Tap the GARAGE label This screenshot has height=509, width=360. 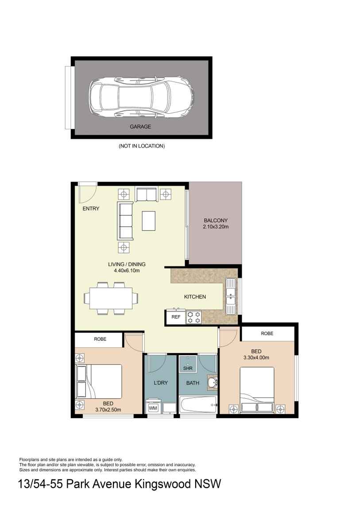(x=140, y=127)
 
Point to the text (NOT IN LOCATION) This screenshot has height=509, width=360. (x=142, y=146)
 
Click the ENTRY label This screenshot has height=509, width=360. (x=91, y=209)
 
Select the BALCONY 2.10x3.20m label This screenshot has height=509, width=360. (x=216, y=224)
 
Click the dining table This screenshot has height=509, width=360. (x=111, y=298)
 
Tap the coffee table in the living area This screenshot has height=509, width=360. (x=148, y=221)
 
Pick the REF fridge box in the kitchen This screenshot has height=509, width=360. (x=176, y=317)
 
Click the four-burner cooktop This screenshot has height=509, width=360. (x=194, y=317)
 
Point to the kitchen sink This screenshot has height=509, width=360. (x=231, y=296)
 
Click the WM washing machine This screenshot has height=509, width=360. (x=153, y=408)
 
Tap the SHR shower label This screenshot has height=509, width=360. (x=188, y=368)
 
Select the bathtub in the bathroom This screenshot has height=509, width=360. (x=198, y=405)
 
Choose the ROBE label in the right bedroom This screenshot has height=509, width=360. (x=267, y=333)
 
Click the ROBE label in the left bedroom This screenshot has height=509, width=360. (x=101, y=339)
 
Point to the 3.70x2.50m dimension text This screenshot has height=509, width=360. (x=108, y=410)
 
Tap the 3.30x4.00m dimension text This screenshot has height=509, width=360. (x=256, y=358)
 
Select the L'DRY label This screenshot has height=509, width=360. (x=161, y=383)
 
